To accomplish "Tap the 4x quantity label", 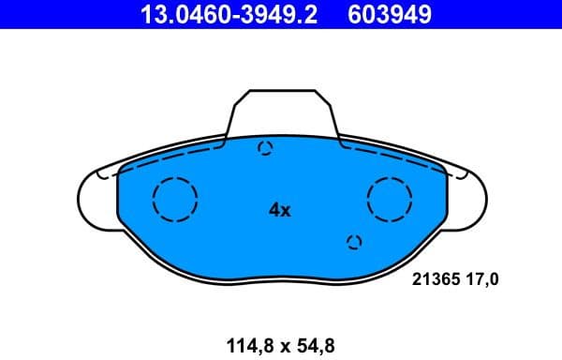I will click(x=280, y=211).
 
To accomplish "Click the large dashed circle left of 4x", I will click(x=174, y=199).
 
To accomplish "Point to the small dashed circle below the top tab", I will click(x=265, y=148).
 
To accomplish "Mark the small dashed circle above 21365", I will click(x=354, y=243).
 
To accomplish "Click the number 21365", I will click(x=434, y=278).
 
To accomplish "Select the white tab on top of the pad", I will click(x=281, y=112).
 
